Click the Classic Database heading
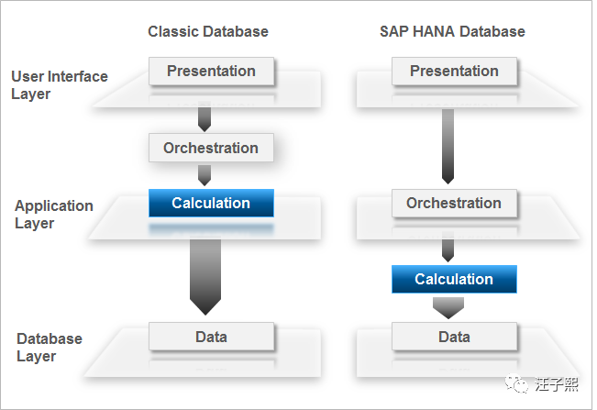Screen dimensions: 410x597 208,31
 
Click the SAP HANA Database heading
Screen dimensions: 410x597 452,31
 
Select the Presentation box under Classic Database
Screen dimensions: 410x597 211,71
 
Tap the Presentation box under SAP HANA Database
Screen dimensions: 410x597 454,71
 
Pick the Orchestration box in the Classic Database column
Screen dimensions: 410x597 211,148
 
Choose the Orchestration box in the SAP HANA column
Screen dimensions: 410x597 454,203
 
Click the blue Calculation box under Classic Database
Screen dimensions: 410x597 211,203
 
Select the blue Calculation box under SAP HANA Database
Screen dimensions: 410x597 454,279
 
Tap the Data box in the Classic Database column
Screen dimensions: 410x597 211,336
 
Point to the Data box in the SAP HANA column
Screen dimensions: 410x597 454,337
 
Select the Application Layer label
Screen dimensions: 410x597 53,215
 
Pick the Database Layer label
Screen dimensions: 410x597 49,348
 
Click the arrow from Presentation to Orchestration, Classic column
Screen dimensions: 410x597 205,116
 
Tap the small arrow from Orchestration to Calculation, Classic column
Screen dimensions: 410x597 205,174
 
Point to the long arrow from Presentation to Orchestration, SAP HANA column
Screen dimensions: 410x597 448,145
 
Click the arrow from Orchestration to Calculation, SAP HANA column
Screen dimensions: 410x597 448,246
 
